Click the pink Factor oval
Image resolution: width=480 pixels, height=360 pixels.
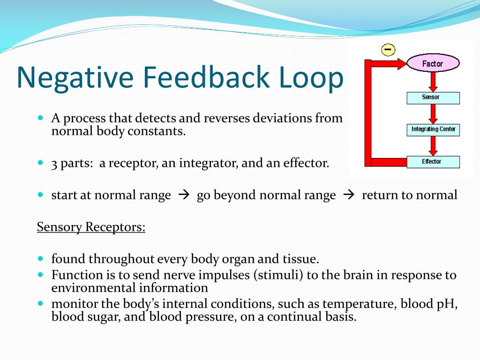[433, 64]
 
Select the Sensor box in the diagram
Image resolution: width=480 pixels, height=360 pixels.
[433, 97]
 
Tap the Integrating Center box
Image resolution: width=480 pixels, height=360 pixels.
[433, 129]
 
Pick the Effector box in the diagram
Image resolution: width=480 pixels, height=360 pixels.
[433, 162]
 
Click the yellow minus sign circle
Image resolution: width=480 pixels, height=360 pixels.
[388, 49]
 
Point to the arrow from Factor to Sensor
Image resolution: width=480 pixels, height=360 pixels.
[433, 82]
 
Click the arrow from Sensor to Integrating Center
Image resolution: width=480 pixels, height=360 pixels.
[433, 113]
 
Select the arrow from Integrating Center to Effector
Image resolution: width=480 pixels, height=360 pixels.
[433, 146]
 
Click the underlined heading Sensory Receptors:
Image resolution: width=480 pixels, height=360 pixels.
[91, 227]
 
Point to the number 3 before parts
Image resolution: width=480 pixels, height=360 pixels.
[54, 164]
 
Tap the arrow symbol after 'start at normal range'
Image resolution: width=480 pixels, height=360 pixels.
[183, 195]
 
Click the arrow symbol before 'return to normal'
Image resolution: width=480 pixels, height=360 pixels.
[349, 195]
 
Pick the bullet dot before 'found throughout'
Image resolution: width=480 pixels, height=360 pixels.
[40, 258]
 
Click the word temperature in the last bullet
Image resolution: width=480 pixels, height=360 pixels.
[359, 304]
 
